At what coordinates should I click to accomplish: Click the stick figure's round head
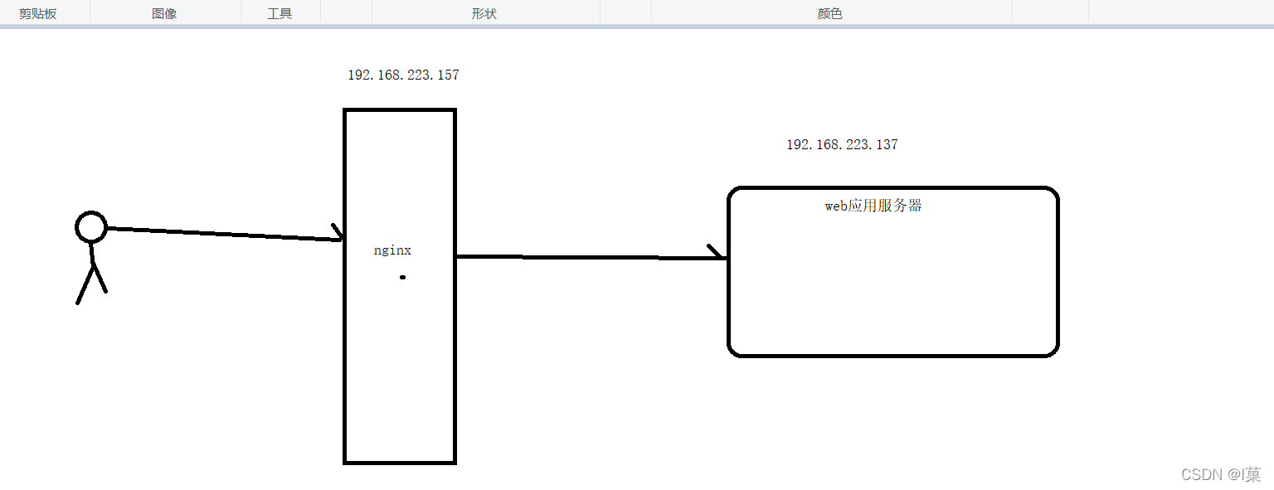point(91,226)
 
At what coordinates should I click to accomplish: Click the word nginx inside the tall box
point(392,250)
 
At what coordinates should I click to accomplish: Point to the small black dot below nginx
point(402,277)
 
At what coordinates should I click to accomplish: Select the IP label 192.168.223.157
point(403,75)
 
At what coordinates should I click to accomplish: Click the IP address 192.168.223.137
point(842,145)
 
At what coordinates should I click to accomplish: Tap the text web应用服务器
point(873,206)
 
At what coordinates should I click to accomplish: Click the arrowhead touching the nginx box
point(338,233)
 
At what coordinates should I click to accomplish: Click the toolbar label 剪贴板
point(38,14)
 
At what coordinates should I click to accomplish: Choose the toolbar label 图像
point(164,14)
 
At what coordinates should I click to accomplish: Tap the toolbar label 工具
point(280,14)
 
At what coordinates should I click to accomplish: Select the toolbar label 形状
point(484,14)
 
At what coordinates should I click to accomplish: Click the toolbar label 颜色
point(829,14)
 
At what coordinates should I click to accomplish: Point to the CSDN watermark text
point(1220,474)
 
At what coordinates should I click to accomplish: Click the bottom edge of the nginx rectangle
point(400,462)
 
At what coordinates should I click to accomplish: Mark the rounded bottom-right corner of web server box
point(1053,350)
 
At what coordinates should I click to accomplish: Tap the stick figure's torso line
point(92,252)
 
